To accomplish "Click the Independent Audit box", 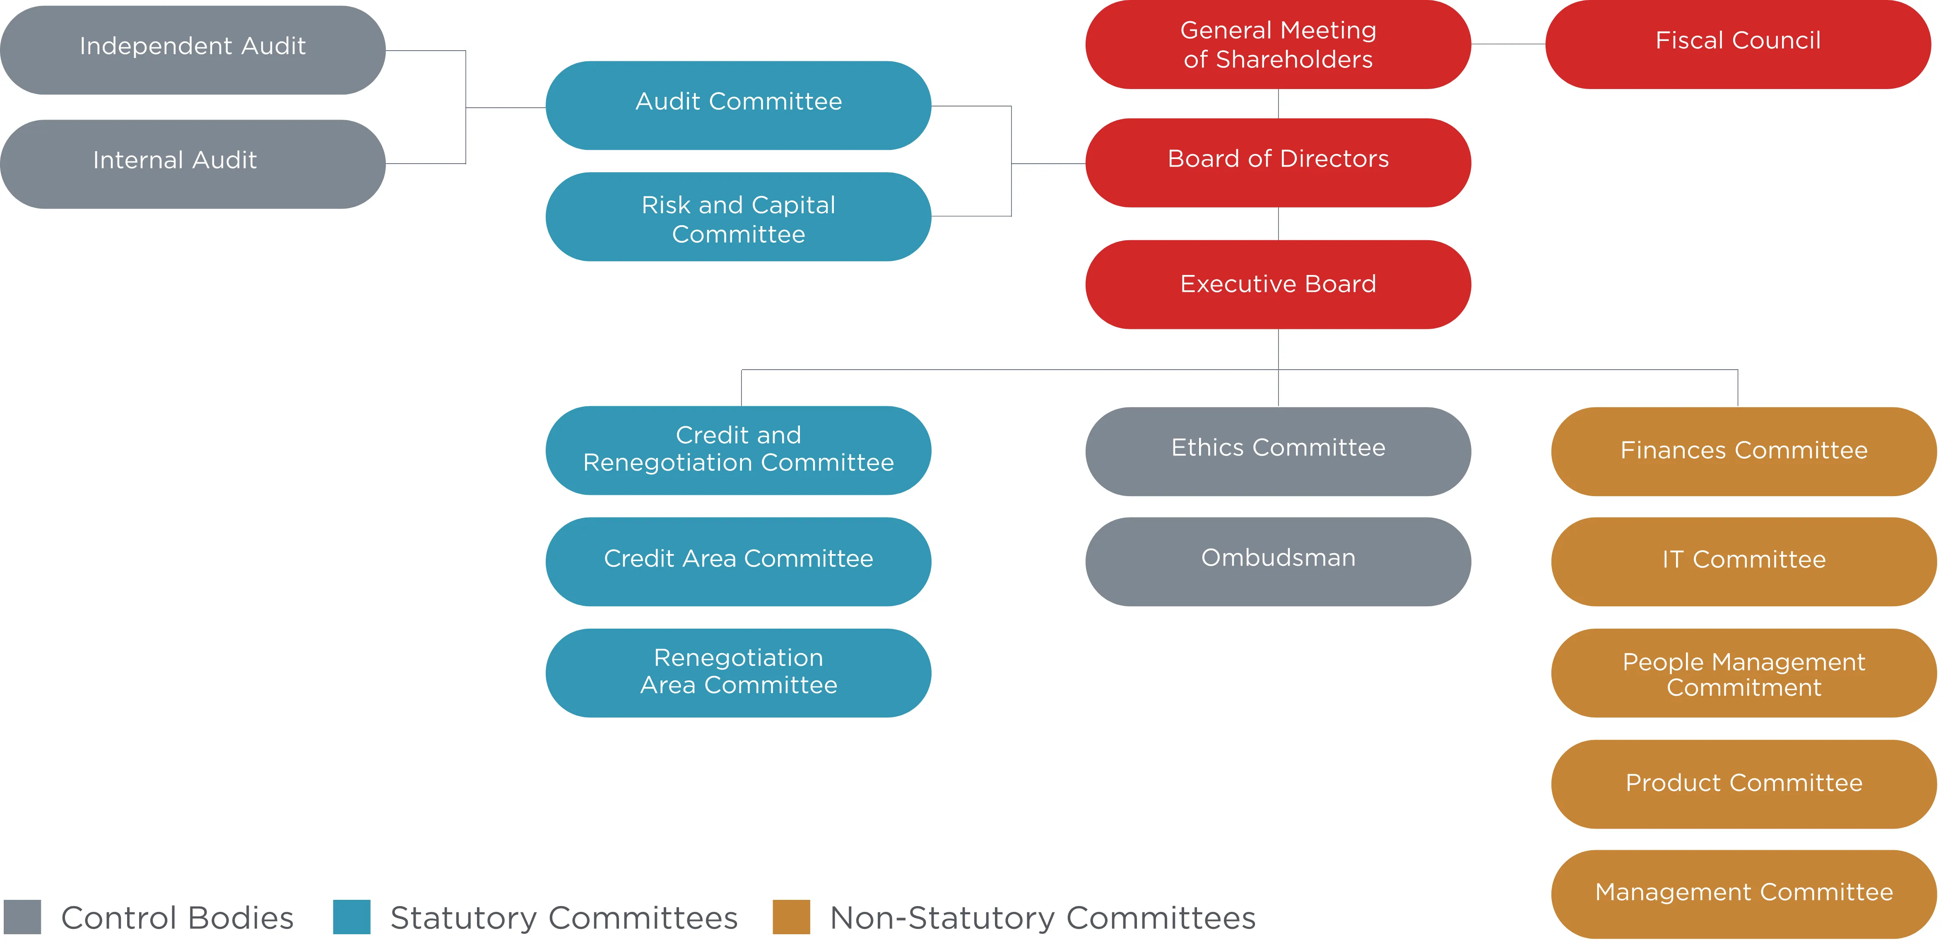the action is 193,50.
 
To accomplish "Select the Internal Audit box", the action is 193,164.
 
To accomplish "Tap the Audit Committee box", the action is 738,106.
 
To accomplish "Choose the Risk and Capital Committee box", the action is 738,217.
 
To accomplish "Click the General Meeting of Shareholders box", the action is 1278,44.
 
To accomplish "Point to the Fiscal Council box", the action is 1738,44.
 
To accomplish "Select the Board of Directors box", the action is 1278,163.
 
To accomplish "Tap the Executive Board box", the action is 1278,285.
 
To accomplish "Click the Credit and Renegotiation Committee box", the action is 738,451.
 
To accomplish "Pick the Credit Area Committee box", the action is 738,562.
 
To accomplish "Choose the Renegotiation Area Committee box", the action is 738,673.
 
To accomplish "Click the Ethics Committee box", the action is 1278,451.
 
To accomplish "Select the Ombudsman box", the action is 1278,562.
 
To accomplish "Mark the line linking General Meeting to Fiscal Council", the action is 1508,44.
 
